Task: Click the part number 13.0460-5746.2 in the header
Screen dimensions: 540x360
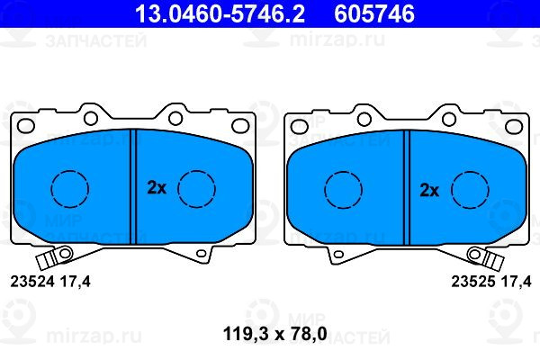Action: [x=220, y=14]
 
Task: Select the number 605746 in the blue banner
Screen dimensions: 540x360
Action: [x=374, y=14]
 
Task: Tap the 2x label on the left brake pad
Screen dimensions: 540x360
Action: [x=157, y=188]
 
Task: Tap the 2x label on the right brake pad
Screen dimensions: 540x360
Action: [x=429, y=190]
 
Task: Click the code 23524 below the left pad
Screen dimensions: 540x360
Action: [x=32, y=282]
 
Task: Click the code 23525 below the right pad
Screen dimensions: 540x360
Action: [x=473, y=282]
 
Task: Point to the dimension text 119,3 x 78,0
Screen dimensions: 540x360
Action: [x=274, y=334]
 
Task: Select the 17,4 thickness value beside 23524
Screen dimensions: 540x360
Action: [x=76, y=282]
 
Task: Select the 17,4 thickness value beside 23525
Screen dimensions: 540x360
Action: [x=516, y=282]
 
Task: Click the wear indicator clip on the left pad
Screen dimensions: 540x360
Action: [x=54, y=257]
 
